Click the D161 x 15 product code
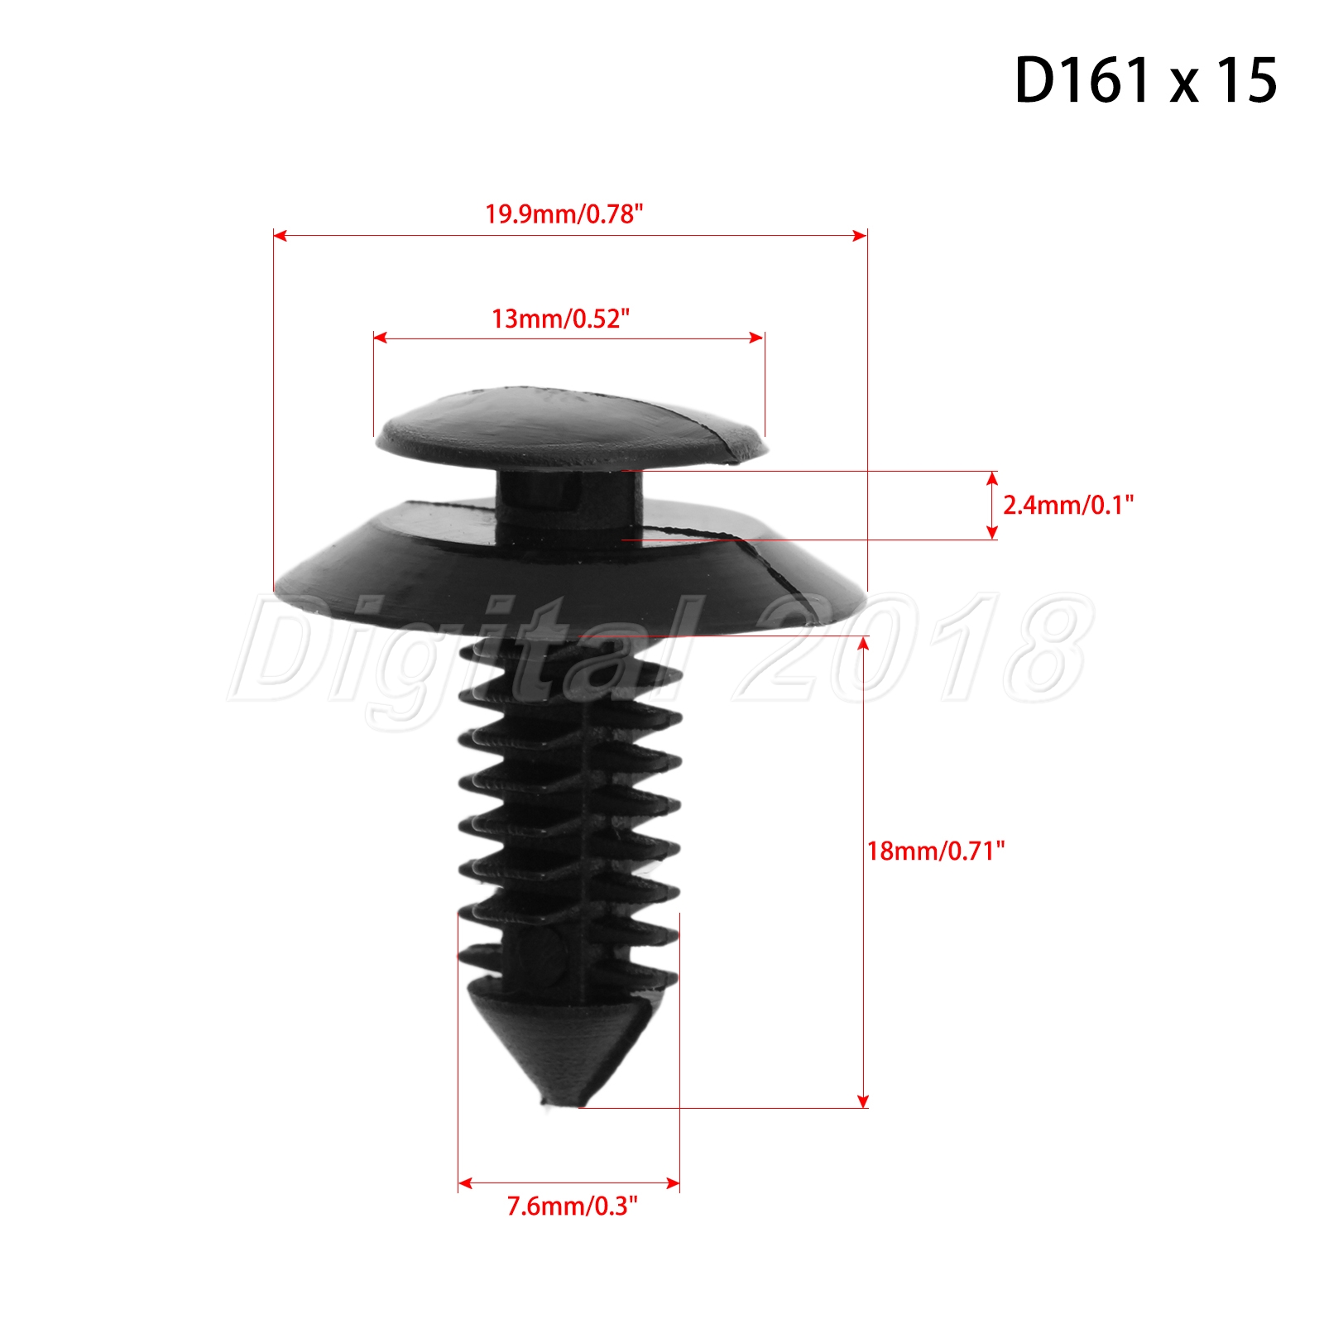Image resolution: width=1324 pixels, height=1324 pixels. pyautogui.click(x=1145, y=80)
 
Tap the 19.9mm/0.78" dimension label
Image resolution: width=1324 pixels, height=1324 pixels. pyautogui.click(x=564, y=214)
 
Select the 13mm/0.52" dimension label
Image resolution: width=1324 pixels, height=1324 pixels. pyautogui.click(x=560, y=319)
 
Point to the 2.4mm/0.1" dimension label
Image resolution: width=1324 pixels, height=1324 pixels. pyautogui.click(x=1067, y=505)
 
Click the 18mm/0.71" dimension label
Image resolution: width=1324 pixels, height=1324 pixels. pyautogui.click(x=935, y=851)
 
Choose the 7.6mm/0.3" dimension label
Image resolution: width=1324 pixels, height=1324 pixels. pyautogui.click(x=572, y=1206)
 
